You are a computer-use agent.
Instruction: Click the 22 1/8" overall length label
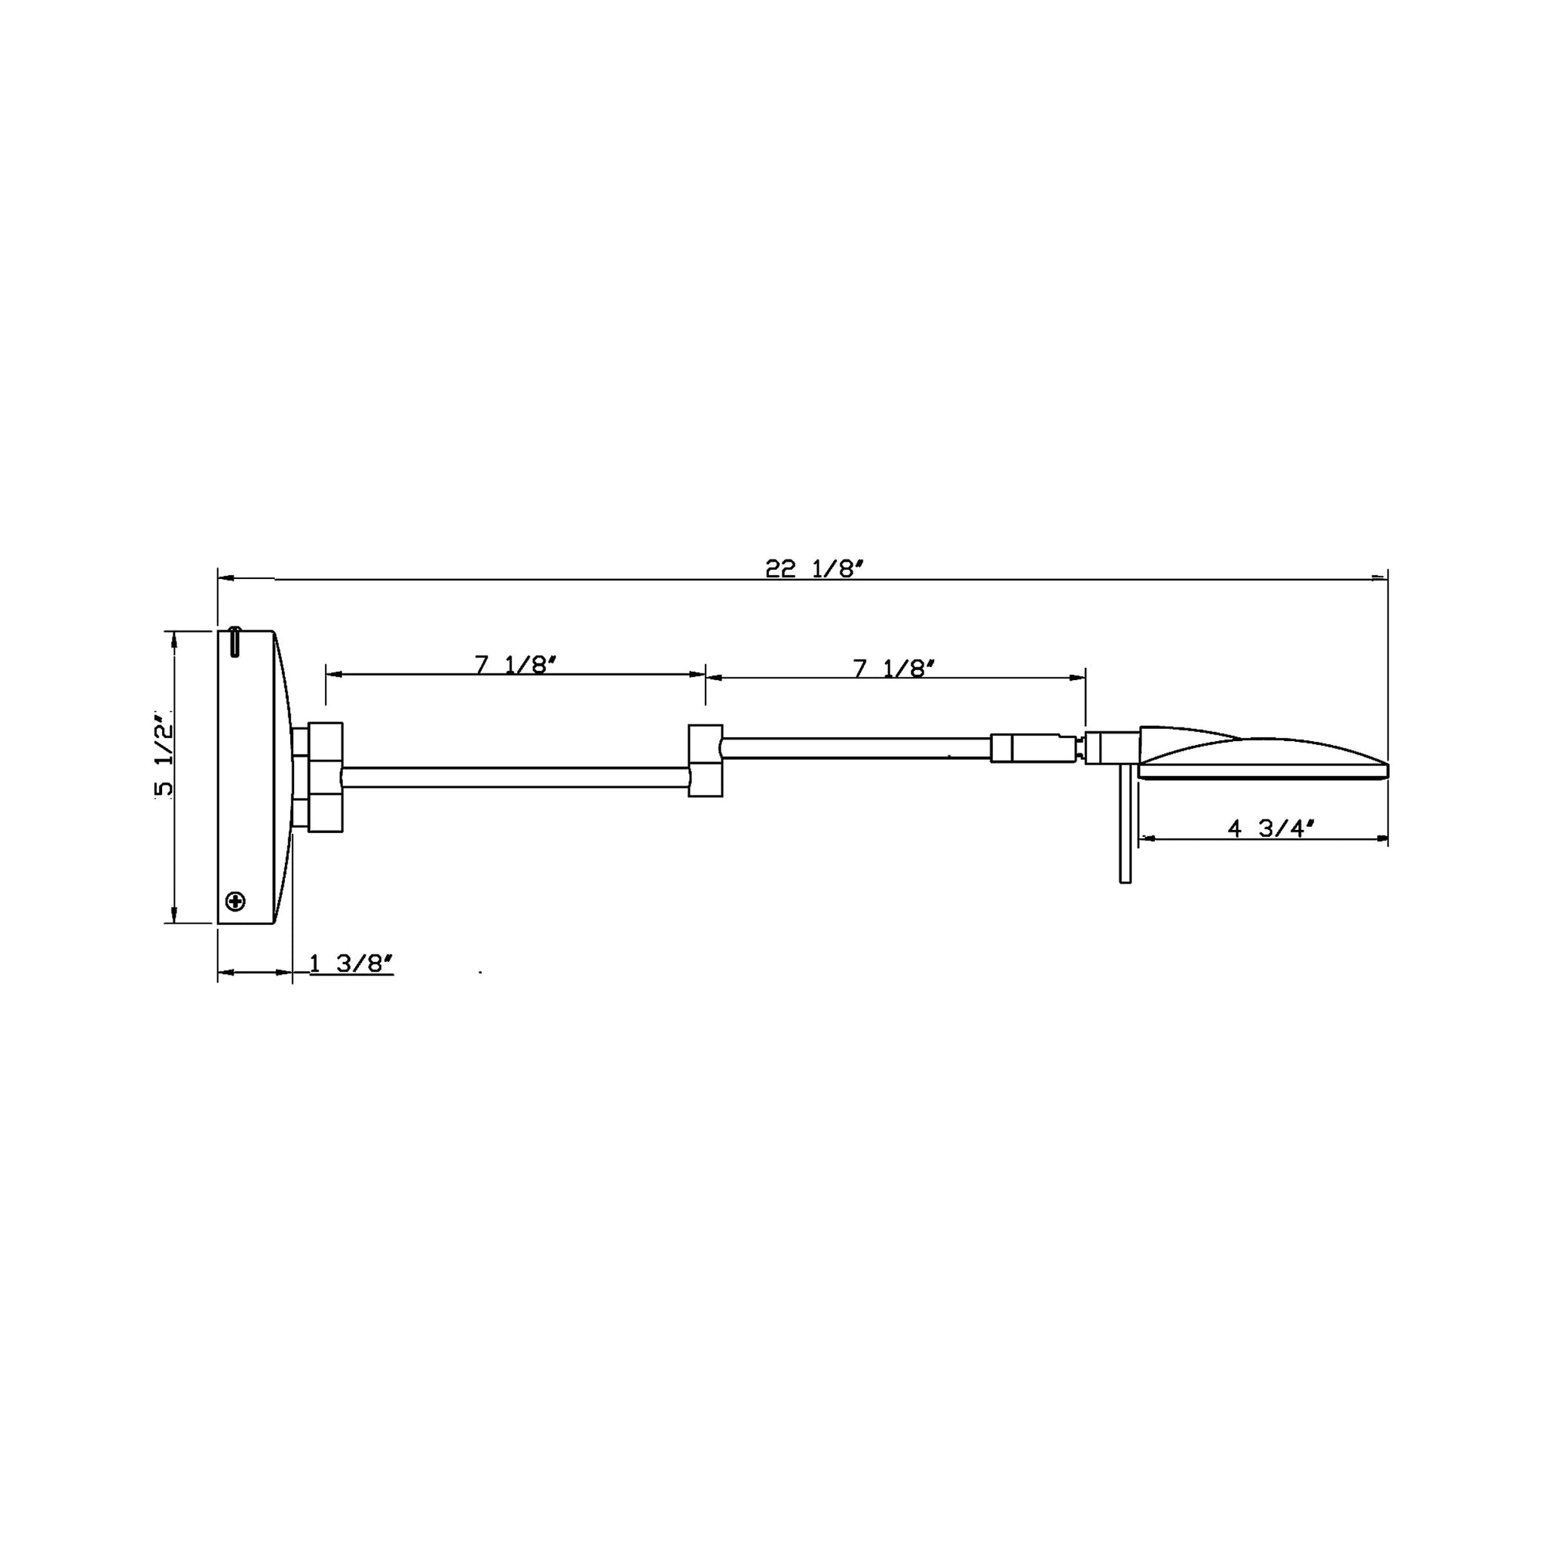(x=815, y=569)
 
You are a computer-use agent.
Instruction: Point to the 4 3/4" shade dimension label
(x=1270, y=829)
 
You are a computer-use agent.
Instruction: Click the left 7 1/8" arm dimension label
(x=516, y=665)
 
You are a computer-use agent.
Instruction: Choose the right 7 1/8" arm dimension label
(x=894, y=668)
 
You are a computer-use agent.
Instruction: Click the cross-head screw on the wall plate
(x=236, y=902)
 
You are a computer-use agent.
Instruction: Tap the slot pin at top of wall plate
(x=234, y=642)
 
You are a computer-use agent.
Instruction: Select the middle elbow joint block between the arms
(x=706, y=760)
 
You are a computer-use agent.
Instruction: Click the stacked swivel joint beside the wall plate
(x=318, y=775)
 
